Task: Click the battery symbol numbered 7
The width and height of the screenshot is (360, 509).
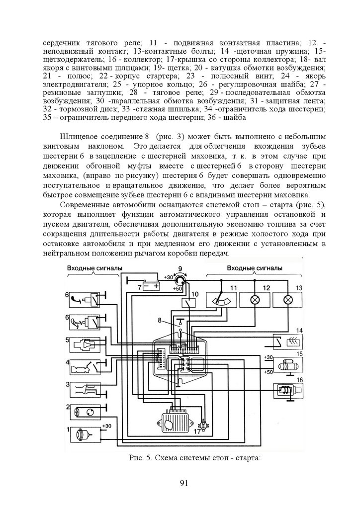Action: coord(151,286)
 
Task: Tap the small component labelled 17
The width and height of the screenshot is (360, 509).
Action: coord(202,425)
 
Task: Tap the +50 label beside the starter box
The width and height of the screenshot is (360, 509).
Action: coord(268,371)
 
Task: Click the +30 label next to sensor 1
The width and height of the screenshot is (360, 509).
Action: coord(106,426)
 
